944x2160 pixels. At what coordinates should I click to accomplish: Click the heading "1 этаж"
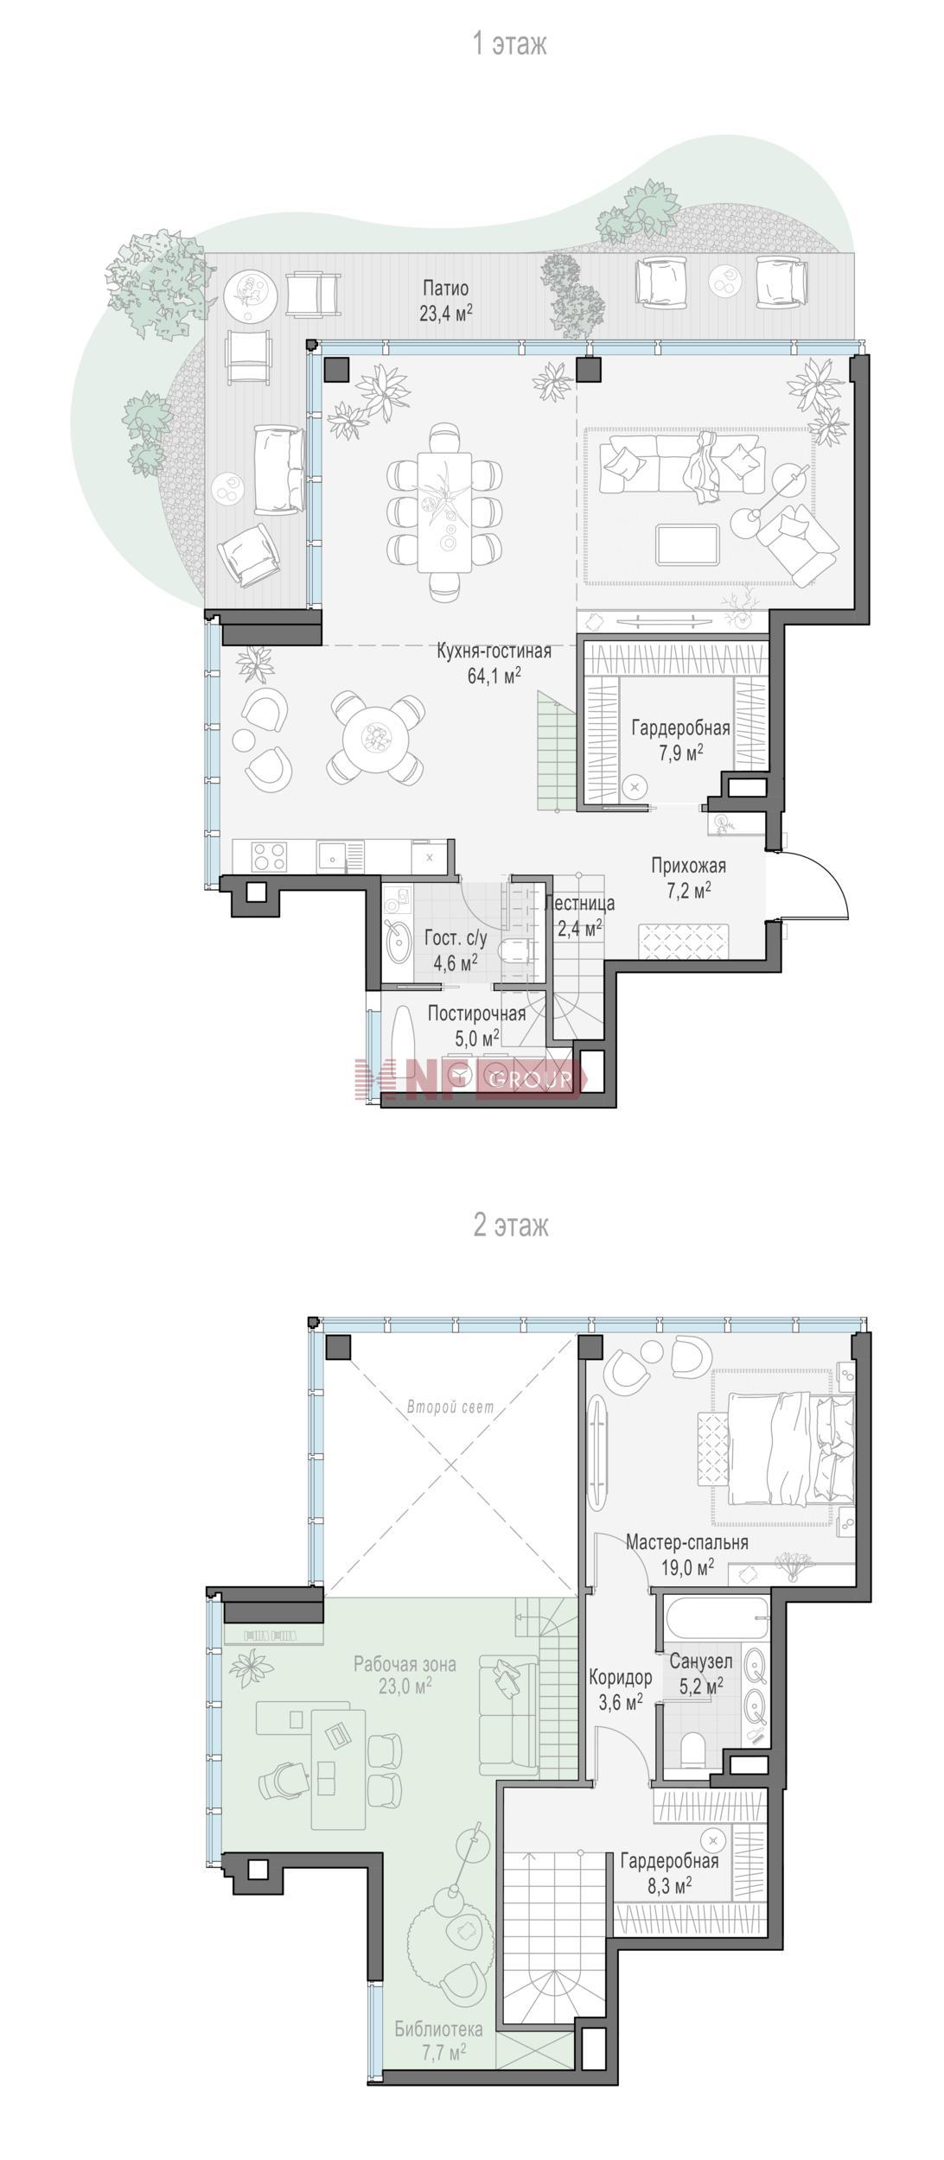pos(510,44)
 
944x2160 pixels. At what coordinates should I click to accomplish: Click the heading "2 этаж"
pos(510,1225)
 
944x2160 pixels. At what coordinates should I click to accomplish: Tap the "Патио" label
pos(446,288)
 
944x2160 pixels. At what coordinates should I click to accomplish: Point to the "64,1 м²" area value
pos(494,676)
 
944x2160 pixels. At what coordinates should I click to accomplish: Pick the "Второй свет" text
pos(450,1407)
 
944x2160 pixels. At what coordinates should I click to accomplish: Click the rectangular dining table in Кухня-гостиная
pos(444,511)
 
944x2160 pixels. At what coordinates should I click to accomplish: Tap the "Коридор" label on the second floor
pos(621,1678)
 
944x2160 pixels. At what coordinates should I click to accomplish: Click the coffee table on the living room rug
pos(687,543)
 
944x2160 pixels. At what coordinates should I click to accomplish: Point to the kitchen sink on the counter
pos(333,856)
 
